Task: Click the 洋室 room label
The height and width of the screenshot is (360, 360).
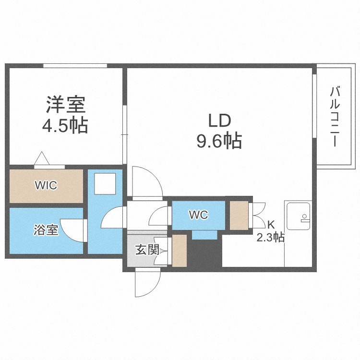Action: click(66, 105)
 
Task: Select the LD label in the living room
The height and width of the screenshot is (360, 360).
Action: click(219, 120)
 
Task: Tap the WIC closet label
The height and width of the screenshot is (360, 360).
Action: click(46, 185)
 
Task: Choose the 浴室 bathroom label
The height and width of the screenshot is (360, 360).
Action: click(46, 230)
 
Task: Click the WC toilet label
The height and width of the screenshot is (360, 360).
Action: click(198, 215)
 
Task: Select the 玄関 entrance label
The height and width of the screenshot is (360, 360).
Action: click(147, 250)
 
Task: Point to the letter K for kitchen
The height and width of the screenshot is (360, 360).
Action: click(271, 224)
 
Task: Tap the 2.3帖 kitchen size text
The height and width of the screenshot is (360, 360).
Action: click(271, 236)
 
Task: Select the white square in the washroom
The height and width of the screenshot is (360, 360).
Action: click(104, 183)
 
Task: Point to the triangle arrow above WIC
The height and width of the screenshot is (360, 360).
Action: click(41, 158)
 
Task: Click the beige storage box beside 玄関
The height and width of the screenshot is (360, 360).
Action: click(180, 251)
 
